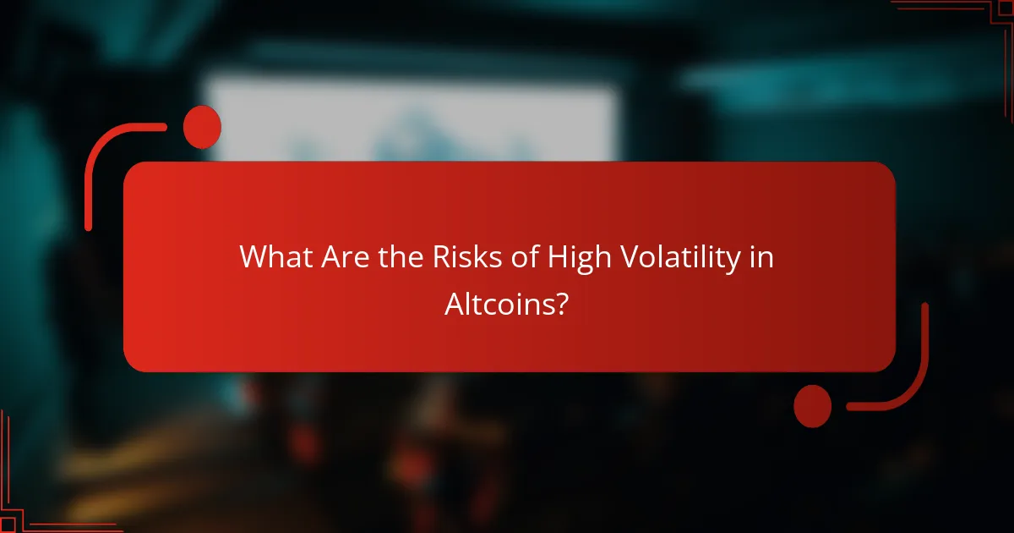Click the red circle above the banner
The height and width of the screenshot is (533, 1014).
[202, 127]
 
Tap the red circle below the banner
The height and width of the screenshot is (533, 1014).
[812, 405]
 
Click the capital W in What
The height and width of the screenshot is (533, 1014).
[253, 257]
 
